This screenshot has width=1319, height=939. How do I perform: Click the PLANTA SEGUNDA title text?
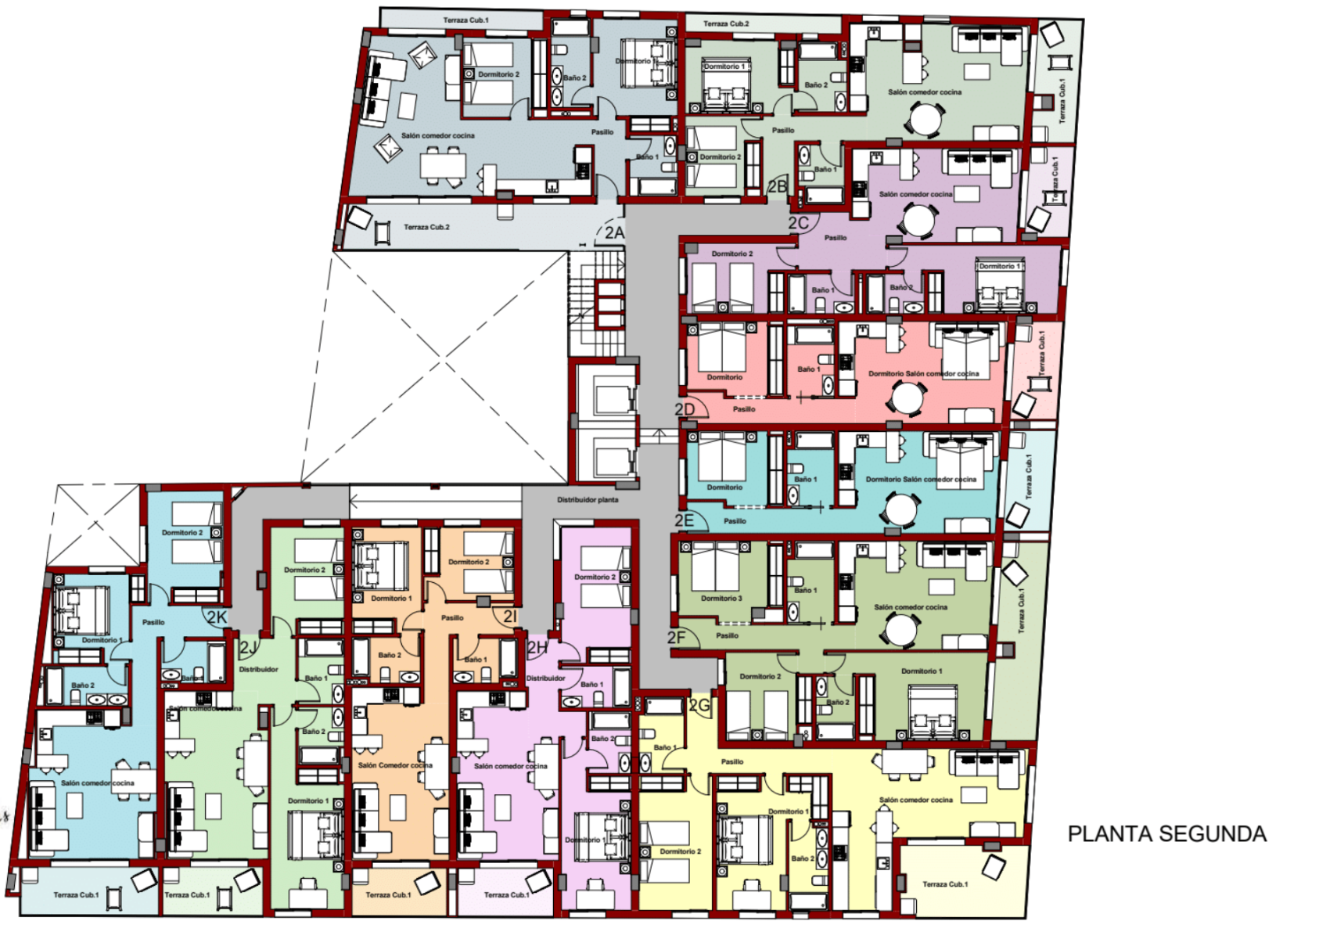pos(1166,834)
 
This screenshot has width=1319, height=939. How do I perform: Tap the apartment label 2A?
pos(614,232)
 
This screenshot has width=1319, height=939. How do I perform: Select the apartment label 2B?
pos(778,186)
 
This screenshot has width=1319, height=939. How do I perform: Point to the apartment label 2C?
pos(798,223)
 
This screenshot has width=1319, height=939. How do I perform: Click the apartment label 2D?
pos(685,409)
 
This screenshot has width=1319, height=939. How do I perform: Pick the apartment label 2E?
pos(685,520)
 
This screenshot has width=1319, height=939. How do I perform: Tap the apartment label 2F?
pos(677,638)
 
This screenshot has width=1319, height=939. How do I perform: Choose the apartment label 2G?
pos(699,706)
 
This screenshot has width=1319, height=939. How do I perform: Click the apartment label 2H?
pos(537,647)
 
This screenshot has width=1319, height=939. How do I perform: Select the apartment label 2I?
pos(510,617)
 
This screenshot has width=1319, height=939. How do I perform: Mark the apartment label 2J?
pos(247,647)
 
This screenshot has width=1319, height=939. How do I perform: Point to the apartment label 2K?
pos(217,617)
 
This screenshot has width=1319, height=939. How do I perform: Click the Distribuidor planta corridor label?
pos(588,499)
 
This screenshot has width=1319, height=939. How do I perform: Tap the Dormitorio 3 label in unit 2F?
pos(721,599)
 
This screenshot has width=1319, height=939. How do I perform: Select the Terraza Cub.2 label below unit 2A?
pos(426,227)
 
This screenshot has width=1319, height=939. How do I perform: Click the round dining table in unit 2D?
pos(907,398)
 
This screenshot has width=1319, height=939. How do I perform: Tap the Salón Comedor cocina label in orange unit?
pos(395,765)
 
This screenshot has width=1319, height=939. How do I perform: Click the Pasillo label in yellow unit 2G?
pos(732,761)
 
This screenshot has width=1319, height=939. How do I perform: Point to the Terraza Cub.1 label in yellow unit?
pos(945,884)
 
